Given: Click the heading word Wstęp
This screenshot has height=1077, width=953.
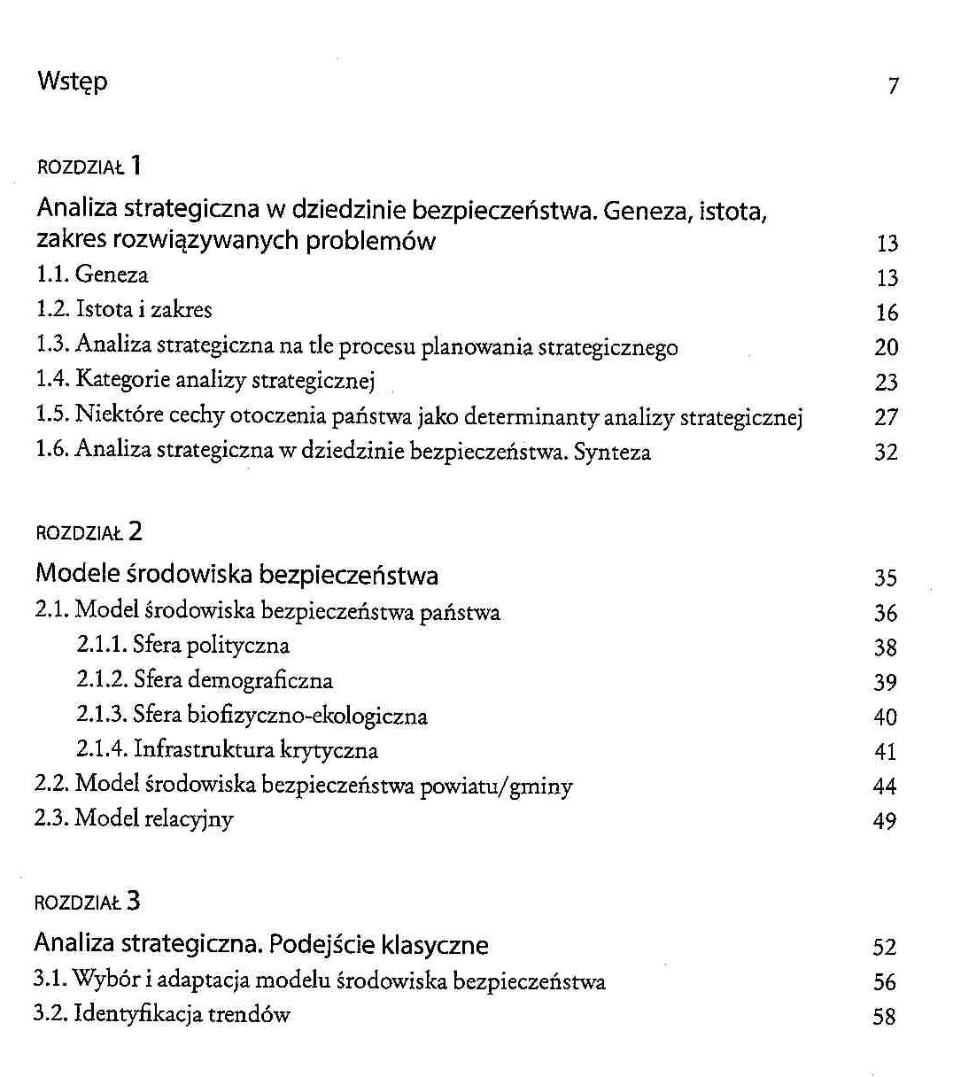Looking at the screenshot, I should click(73, 82).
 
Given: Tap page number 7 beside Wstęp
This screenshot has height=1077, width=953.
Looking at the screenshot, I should click(893, 86).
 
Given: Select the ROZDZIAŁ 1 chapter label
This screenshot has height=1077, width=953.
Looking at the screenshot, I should click(89, 167).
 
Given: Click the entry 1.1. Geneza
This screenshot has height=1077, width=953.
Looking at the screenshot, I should click(92, 275).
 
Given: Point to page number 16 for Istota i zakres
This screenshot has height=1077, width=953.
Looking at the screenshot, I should click(887, 313).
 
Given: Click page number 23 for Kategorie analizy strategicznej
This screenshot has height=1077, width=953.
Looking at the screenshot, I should click(887, 383).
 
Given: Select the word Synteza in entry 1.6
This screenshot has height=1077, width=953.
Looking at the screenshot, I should click(612, 452).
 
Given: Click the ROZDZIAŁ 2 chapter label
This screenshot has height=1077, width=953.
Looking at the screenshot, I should click(89, 532).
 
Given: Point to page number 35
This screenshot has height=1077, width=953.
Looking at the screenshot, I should click(886, 578).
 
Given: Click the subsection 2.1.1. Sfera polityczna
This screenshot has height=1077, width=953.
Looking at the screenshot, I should click(182, 646).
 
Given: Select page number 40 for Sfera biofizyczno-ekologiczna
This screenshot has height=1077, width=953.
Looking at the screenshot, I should click(886, 717).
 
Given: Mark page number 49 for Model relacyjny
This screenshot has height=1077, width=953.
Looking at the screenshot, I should click(885, 822).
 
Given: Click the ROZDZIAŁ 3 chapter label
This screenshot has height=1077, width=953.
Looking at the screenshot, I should click(87, 903).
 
